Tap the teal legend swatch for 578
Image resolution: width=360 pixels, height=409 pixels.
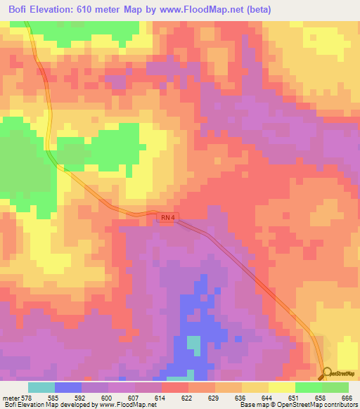point(41,387)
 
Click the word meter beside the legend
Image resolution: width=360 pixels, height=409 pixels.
point(12,397)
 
